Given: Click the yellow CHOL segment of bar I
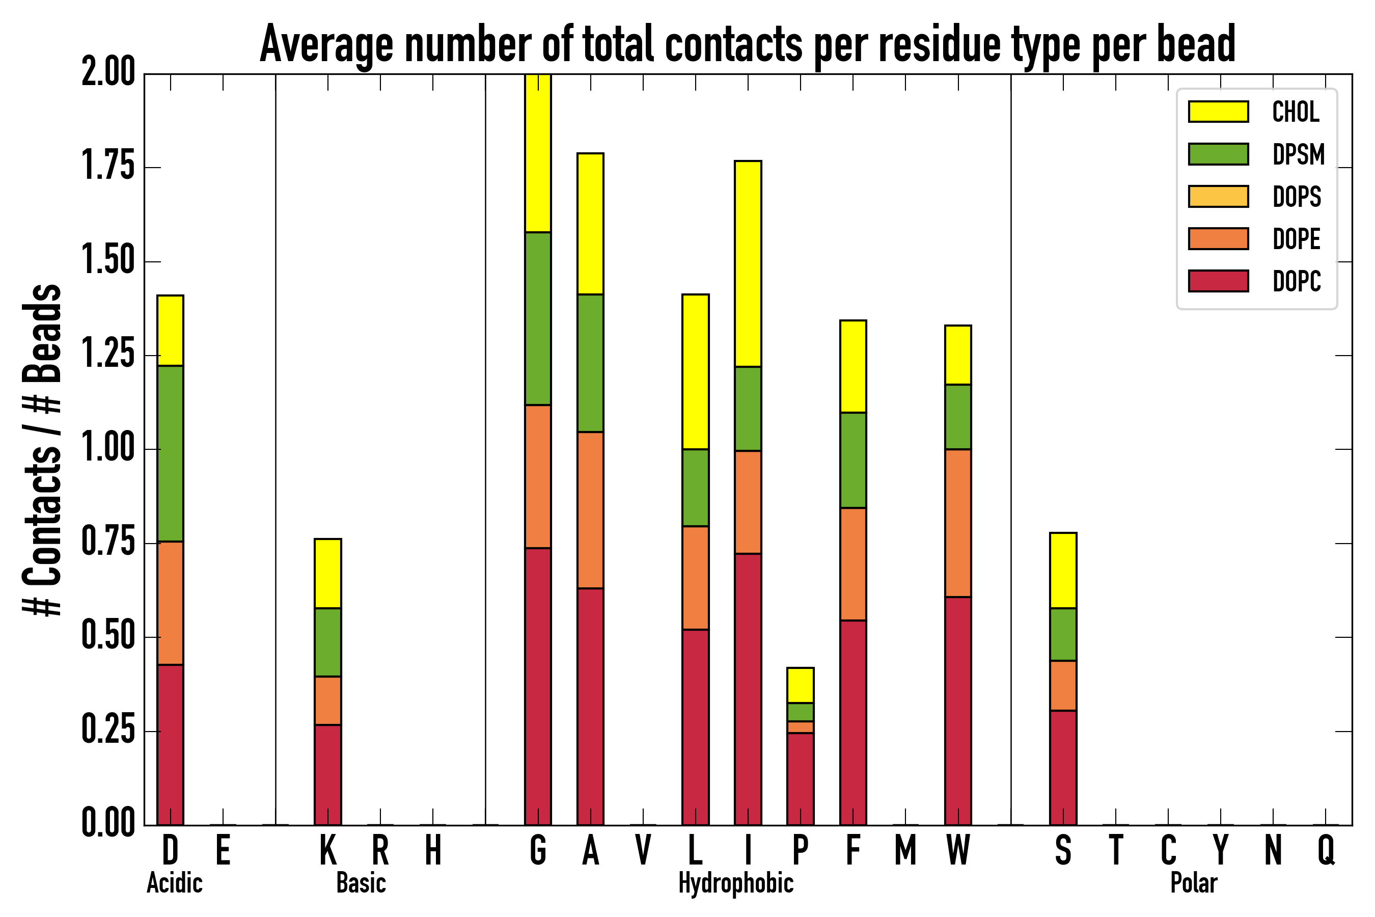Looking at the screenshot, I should (748, 264).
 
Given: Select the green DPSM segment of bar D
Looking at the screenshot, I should (170, 453).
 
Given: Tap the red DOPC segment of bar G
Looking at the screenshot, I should (538, 686).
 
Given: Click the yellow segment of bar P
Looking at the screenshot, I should (801, 685).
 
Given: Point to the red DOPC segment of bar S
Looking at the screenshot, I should (1063, 767).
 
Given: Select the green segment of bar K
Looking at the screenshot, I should (328, 642).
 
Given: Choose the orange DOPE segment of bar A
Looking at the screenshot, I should (590, 510).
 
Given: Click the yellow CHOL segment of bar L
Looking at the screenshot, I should (695, 372).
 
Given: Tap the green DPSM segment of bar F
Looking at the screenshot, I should (853, 460).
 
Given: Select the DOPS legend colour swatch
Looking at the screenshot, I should (1218, 197).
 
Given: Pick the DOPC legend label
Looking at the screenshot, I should (1297, 281).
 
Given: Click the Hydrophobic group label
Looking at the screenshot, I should (735, 883).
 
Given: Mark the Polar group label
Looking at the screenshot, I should (1194, 883).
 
